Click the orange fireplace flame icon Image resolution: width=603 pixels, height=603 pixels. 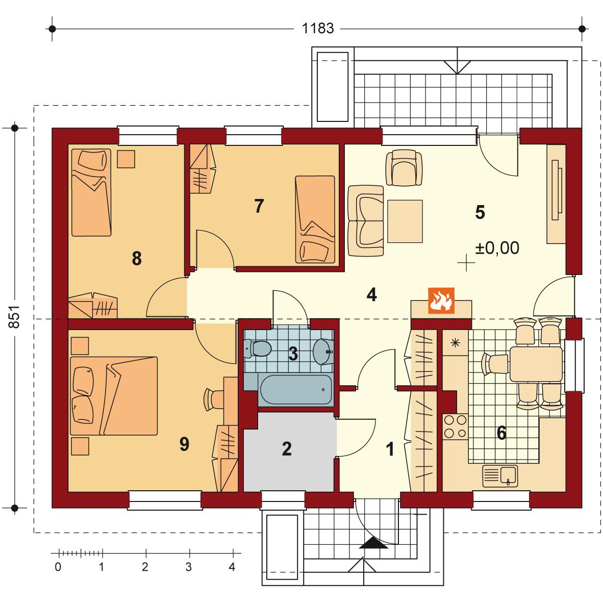441,300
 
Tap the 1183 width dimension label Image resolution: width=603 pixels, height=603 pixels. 318,29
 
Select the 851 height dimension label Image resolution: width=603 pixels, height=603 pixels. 14,317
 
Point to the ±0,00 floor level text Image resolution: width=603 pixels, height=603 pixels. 497,248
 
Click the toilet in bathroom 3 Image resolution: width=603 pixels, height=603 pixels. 258,348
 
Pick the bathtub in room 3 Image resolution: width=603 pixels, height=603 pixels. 296,390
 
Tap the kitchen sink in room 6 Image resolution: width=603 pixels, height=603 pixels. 500,475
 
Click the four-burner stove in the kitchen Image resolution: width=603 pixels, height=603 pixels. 456,426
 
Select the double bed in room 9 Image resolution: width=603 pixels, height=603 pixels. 114,396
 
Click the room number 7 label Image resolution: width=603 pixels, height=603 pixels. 259,206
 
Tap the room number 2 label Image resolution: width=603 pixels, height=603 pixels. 287,449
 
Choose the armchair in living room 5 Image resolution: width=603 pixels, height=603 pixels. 404,168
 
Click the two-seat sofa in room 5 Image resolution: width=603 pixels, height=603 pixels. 366,221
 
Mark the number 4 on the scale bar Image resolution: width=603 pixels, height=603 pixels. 232,567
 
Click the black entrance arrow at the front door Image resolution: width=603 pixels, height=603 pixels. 373,543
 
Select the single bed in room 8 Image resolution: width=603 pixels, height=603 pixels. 91,192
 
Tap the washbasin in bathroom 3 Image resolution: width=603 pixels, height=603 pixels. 323,351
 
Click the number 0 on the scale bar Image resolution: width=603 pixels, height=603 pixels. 58,567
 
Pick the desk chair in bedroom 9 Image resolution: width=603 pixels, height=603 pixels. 214,399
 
